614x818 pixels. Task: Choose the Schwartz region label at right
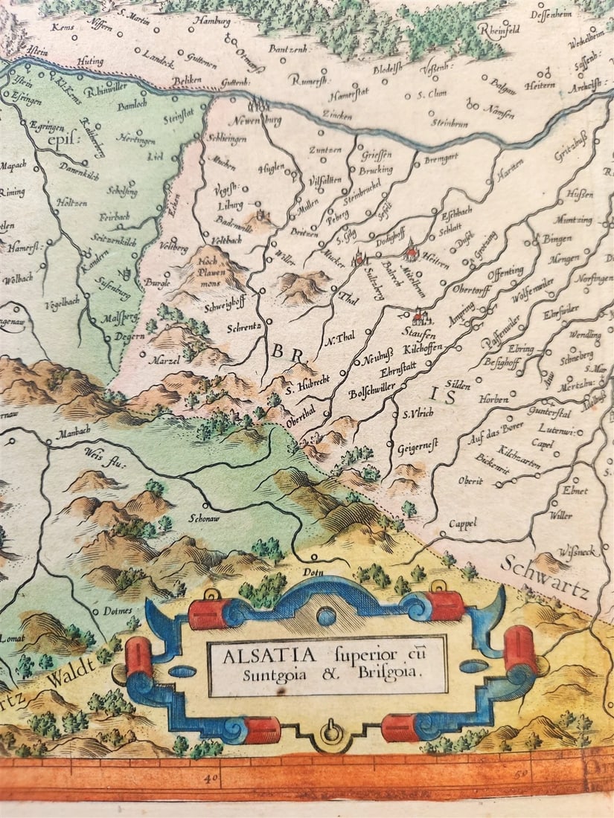pos(546,579)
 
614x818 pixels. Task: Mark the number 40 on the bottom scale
pos(211,779)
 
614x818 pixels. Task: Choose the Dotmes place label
pos(110,611)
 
